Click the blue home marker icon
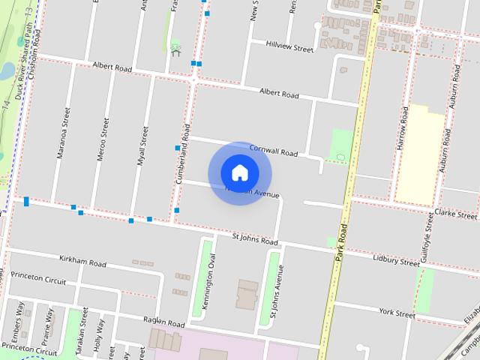[239, 173]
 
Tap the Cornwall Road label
[273, 151]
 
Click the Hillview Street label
[289, 46]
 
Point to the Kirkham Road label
[82, 262]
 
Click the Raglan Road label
[163, 322]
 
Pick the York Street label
[397, 311]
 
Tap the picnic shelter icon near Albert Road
[176, 49]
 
